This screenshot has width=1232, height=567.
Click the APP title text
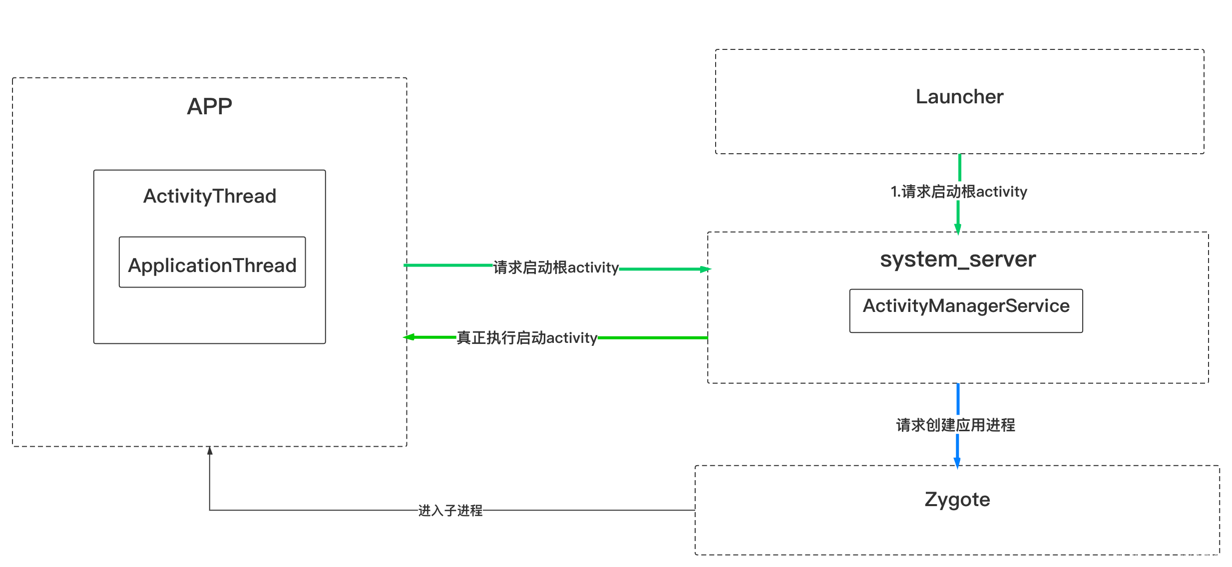[x=209, y=106]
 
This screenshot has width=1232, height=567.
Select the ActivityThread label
[x=210, y=196]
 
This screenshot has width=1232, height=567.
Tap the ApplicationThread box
[x=212, y=263]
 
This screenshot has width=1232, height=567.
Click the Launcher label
[x=959, y=97]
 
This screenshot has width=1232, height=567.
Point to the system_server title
[x=958, y=260]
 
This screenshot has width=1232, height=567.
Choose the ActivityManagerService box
[x=966, y=310]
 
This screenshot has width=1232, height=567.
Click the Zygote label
[x=957, y=500]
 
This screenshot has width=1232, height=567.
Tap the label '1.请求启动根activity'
[x=959, y=191]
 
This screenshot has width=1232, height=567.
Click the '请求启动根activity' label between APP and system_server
[x=555, y=267]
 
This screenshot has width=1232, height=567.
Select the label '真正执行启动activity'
[x=526, y=337]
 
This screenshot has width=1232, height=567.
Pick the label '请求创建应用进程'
[x=955, y=425]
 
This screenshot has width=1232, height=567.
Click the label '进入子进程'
[x=450, y=510]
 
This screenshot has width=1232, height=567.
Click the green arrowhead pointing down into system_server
[x=957, y=229]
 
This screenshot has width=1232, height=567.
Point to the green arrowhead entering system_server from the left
[x=705, y=270]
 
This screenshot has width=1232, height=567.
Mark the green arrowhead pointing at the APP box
[x=410, y=337]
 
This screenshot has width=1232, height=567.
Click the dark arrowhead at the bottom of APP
[x=210, y=451]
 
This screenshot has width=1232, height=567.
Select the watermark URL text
[x=1169, y=557]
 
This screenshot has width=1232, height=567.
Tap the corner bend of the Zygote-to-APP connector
[x=210, y=510]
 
